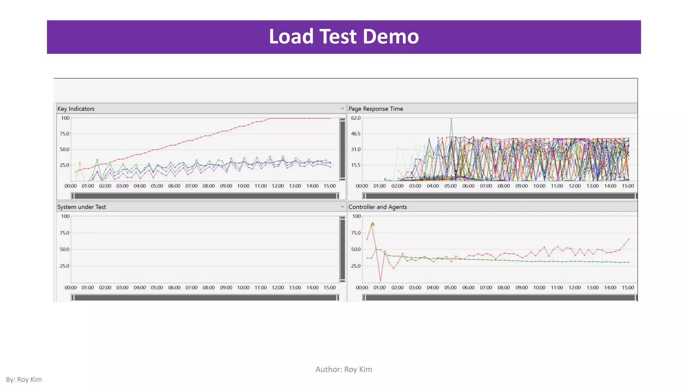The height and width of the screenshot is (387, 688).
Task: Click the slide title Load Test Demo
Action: click(344, 37)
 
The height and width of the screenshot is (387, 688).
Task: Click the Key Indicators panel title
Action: click(76, 109)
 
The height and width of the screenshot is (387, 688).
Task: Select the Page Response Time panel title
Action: click(376, 109)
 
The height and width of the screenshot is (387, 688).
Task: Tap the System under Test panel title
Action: click(81, 207)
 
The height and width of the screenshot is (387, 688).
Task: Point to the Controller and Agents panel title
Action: click(378, 207)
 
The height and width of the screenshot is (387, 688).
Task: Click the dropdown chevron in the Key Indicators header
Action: click(342, 109)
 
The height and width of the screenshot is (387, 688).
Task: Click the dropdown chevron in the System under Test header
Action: click(342, 207)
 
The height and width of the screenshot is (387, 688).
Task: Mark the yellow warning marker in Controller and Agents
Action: click(373, 224)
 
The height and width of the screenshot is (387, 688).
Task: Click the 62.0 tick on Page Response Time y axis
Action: click(355, 118)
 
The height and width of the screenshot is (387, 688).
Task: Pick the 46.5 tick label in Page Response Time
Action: click(355, 134)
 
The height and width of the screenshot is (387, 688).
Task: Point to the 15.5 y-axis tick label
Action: click(355, 165)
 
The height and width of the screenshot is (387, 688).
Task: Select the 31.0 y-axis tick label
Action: click(355, 149)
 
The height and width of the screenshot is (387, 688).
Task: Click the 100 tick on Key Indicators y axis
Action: click(65, 118)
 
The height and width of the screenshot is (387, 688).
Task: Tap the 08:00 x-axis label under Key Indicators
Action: click(209, 186)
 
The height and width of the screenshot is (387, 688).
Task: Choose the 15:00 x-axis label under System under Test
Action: click(330, 288)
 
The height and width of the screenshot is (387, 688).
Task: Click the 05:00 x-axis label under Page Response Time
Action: click(450, 186)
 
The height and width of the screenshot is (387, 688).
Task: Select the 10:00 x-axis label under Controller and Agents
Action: click(539, 288)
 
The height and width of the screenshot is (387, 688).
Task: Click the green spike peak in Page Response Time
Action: click(451, 119)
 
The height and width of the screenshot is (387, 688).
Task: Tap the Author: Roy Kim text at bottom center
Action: click(344, 370)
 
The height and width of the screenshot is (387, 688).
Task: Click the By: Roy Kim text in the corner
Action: click(24, 380)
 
